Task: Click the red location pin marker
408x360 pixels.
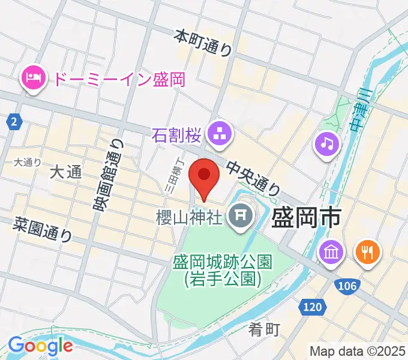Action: [x=204, y=176]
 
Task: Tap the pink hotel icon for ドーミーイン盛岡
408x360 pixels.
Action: [x=32, y=78]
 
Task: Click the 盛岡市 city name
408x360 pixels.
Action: [x=307, y=217]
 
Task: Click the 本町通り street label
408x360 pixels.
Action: [x=203, y=43]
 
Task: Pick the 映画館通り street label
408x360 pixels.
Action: [x=107, y=175]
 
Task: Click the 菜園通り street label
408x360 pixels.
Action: [x=44, y=229]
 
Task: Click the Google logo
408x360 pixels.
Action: [x=40, y=346]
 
